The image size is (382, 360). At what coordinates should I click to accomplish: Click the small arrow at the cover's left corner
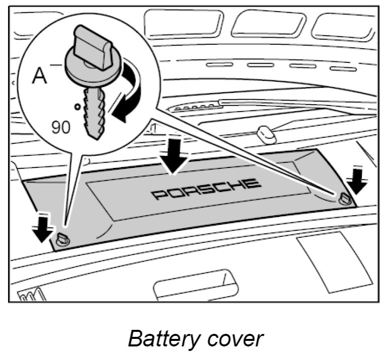[x=43, y=227]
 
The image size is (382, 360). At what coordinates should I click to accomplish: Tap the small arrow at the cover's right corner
[x=358, y=181]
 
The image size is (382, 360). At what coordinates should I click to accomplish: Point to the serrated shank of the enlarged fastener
[x=96, y=110]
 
